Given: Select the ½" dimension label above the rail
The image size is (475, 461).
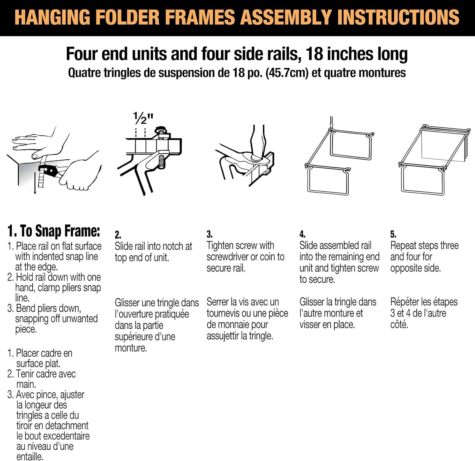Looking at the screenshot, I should coord(143,119).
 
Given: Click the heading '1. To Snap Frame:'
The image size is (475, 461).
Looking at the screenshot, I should coord(54,231).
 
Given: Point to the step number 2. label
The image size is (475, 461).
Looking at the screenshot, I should coord(118,235).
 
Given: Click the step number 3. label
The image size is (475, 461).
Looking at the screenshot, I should coord(209,234).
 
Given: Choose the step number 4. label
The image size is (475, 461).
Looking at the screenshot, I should coord(302,234).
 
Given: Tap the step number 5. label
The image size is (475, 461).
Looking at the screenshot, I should coord(393,234).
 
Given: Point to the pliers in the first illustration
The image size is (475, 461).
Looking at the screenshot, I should coord(51,172).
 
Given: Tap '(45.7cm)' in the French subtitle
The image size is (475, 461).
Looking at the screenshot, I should coord(287,73).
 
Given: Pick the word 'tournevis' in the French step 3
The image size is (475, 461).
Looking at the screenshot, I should coord(227,313).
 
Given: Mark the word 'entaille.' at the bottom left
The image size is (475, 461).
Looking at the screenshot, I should coord(30,457).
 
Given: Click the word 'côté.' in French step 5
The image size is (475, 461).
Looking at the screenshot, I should coord(399,324).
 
